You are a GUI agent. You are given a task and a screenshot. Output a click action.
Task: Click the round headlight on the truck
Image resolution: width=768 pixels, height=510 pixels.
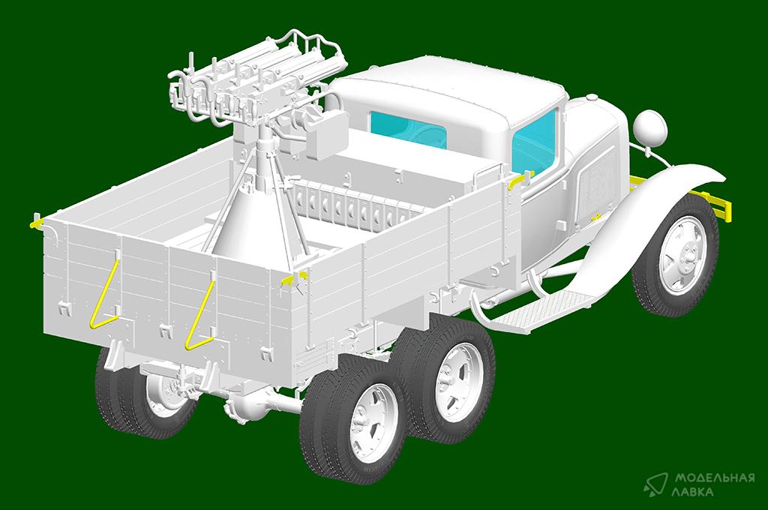(650, 128)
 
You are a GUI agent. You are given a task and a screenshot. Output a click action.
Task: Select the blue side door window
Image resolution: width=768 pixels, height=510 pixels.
(534, 142)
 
